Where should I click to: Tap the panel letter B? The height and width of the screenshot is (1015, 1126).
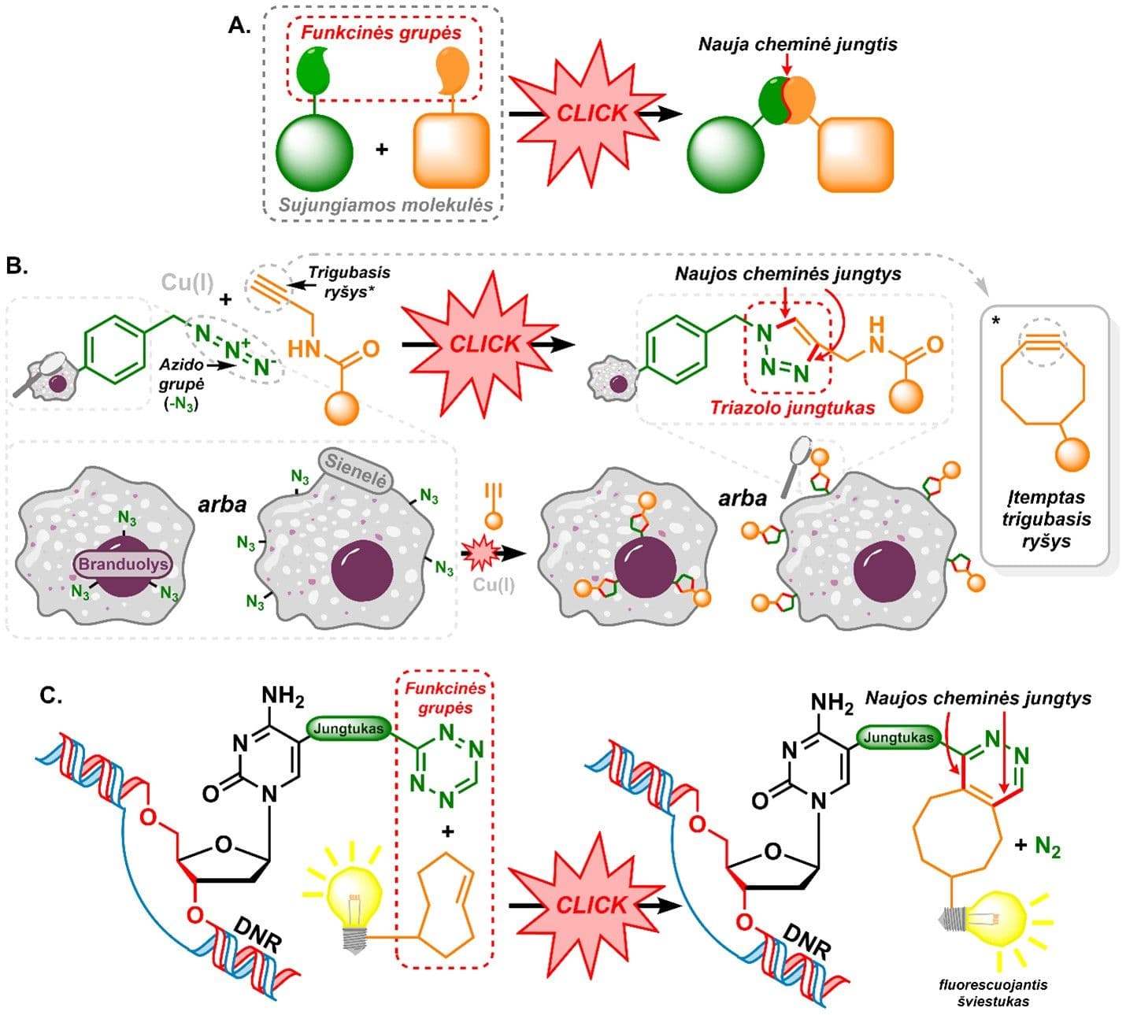[17, 265]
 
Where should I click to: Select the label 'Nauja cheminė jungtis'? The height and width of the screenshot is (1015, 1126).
[798, 44]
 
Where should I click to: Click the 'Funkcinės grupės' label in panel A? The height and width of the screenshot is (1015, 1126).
[382, 33]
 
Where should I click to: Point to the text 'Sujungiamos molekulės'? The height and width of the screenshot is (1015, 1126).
[386, 206]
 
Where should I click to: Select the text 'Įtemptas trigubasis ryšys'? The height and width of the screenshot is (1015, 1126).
[1046, 520]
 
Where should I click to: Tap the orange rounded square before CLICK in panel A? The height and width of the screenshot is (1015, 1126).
[451, 150]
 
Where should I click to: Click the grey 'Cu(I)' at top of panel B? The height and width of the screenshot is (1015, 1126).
[187, 282]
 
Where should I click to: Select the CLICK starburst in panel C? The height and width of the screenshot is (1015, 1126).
[591, 906]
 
